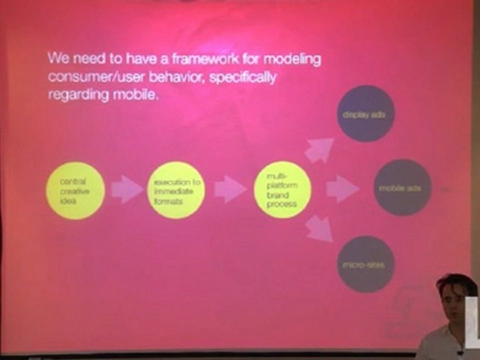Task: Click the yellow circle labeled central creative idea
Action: (x=75, y=190)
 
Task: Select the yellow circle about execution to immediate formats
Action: (x=177, y=190)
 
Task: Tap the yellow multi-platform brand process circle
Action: (x=282, y=189)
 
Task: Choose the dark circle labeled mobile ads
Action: (x=402, y=187)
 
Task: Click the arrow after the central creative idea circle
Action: (x=126, y=189)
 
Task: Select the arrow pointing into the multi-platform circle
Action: (x=229, y=189)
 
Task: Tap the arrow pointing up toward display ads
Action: (x=319, y=149)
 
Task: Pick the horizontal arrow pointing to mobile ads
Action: (x=341, y=189)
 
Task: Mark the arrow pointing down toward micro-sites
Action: (x=319, y=229)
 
